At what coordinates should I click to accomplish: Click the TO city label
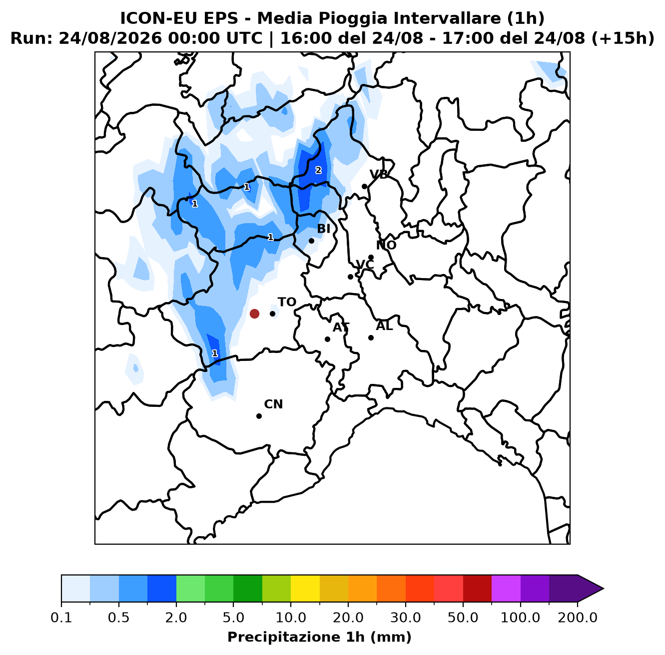[287, 302]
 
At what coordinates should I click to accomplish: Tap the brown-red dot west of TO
[254, 314]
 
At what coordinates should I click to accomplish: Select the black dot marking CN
[259, 416]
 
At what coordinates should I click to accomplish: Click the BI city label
[323, 229]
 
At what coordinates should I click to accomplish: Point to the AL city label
[384, 326]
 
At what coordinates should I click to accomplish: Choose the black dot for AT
[327, 339]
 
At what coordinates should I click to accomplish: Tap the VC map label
[365, 265]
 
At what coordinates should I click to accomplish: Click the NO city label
[386, 245]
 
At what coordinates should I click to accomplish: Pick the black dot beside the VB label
[364, 187]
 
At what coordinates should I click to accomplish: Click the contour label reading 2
[318, 170]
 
